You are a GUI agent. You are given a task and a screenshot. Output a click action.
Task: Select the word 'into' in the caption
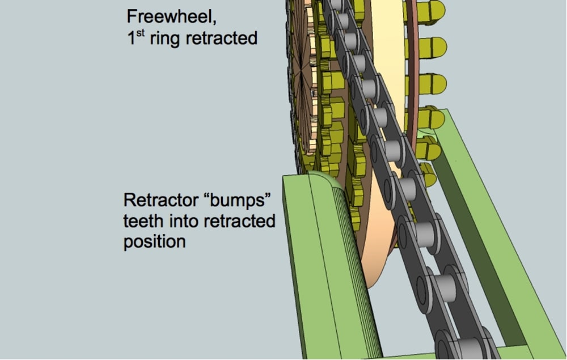[x=182, y=221]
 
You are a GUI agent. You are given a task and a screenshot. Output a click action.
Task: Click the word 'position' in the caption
[x=154, y=242]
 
